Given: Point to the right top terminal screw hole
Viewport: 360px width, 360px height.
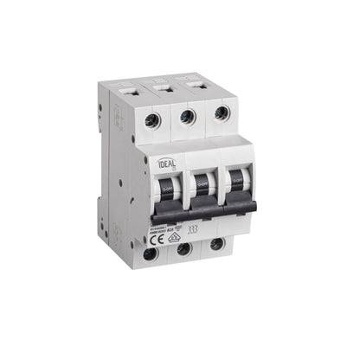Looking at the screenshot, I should click(x=222, y=112).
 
